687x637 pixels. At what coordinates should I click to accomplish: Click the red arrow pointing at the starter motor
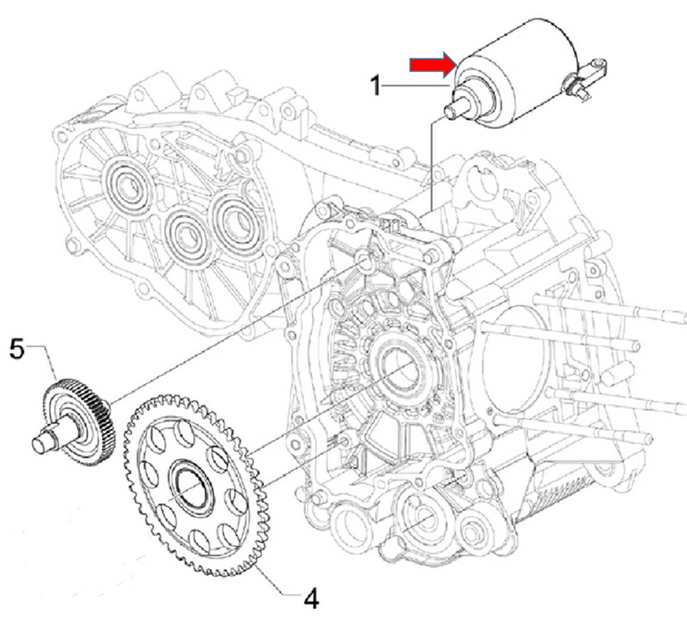pyautogui.click(x=431, y=65)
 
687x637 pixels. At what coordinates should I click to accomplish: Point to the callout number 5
pyautogui.click(x=17, y=349)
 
